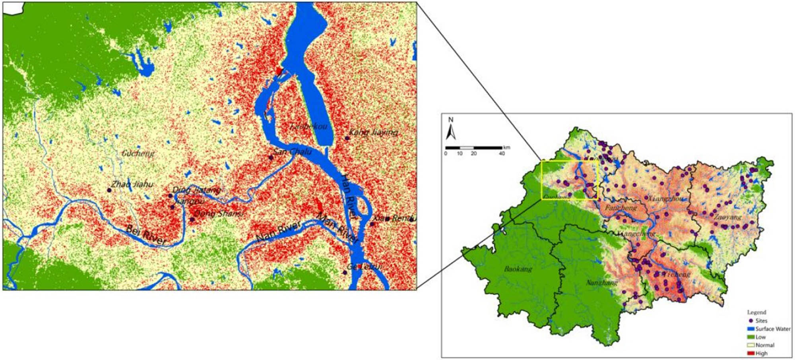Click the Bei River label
pyautogui.click(x=146, y=235)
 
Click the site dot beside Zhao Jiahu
pyautogui.click(x=109, y=190)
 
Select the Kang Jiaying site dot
pyautogui.click(x=347, y=138)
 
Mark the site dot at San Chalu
pyautogui.click(x=271, y=157)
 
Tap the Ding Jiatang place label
pyautogui.click(x=197, y=190)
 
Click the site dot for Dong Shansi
pyautogui.click(x=192, y=219)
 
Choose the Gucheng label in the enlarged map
pyautogui.click(x=138, y=153)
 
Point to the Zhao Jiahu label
pyautogui.click(x=132, y=184)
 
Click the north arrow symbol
pyautogui.click(x=450, y=129)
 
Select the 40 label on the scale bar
pyautogui.click(x=502, y=153)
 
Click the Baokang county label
pyautogui.click(x=518, y=269)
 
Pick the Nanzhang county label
pyautogui.click(x=602, y=283)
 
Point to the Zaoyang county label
pyautogui.click(x=727, y=217)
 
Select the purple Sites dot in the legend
pyautogui.click(x=750, y=321)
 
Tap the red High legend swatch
pyautogui.click(x=751, y=353)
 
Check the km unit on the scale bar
pyautogui.click(x=506, y=147)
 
